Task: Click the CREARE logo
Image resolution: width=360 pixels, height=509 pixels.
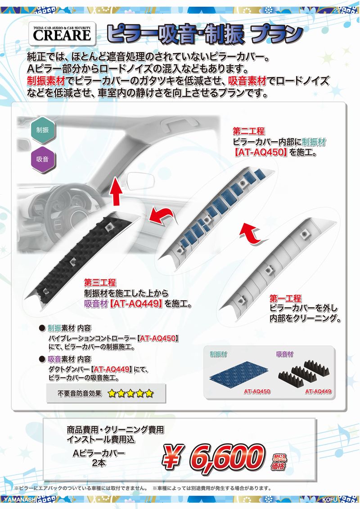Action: [x=62, y=33]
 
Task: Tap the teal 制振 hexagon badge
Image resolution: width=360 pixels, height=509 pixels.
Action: [x=43, y=130]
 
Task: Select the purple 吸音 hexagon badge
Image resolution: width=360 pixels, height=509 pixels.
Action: [x=43, y=159]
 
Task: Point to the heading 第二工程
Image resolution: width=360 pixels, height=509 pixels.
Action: [x=248, y=131]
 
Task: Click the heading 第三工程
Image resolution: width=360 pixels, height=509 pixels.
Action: [x=100, y=282]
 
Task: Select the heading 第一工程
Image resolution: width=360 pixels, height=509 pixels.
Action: [x=286, y=299]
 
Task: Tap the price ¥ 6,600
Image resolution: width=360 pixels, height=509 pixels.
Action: [x=214, y=457]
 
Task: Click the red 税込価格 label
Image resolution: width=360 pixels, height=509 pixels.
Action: [x=279, y=462]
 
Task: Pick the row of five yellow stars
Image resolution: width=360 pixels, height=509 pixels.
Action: [x=130, y=394]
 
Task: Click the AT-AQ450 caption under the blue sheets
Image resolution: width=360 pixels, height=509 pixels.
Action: [x=257, y=392]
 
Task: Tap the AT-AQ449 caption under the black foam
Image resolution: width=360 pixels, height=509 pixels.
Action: [x=318, y=392]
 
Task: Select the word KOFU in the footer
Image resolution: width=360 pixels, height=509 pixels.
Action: [x=330, y=499]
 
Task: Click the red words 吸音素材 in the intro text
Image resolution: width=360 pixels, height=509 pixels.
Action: [x=247, y=81]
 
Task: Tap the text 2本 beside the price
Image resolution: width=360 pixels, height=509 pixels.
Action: [x=99, y=463]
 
